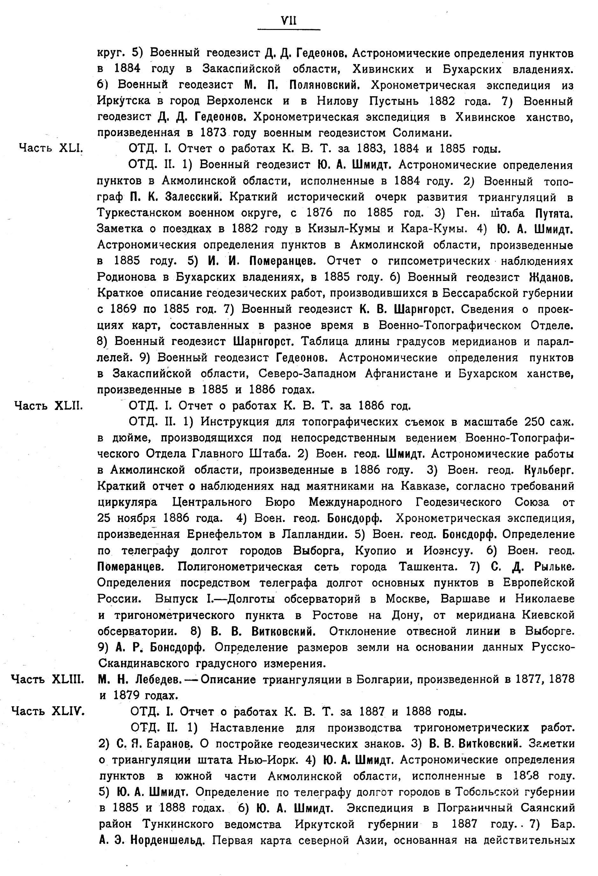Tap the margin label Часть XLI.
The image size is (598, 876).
point(51,148)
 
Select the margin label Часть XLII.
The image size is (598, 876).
point(48,406)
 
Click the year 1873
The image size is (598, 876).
point(211,133)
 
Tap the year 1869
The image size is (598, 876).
point(123,309)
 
